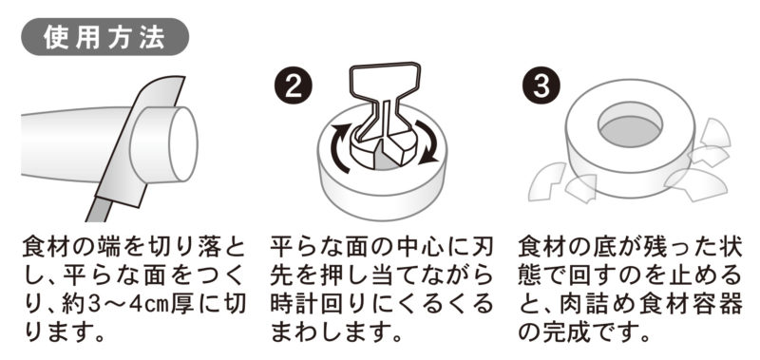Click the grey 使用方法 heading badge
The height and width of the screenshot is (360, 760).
click(x=104, y=37)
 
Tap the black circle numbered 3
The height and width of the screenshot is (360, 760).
click(x=541, y=87)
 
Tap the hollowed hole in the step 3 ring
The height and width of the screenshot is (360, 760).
click(x=630, y=127)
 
